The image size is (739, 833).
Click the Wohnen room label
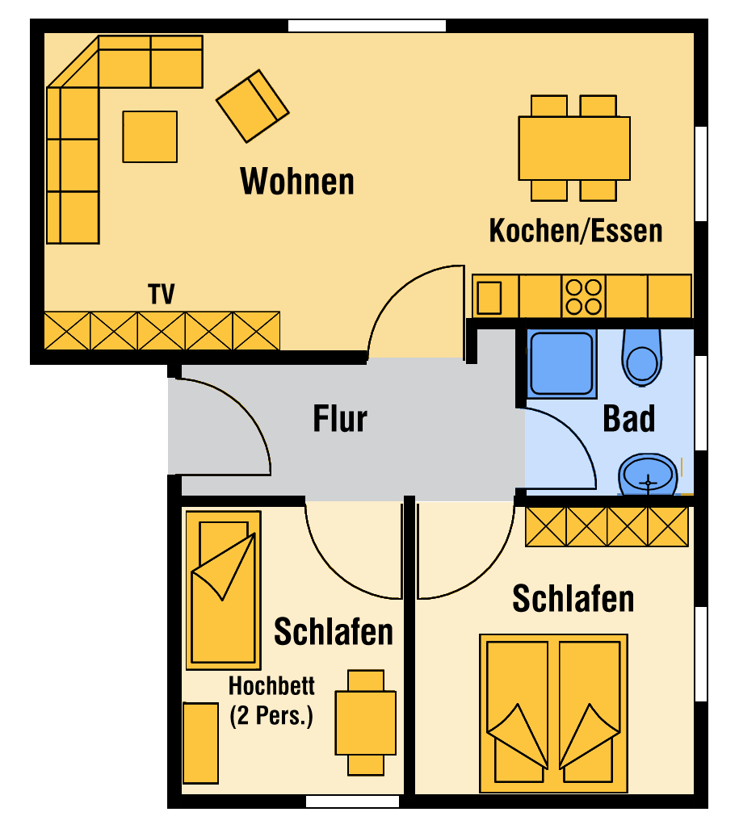point(297,182)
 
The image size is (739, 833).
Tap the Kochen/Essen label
point(576,231)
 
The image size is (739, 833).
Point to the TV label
point(162,295)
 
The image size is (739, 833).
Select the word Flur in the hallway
point(340,420)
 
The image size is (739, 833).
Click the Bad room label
point(628,420)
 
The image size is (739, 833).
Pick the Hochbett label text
point(271,686)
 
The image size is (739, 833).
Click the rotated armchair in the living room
point(252,106)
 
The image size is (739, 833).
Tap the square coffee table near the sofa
point(149,136)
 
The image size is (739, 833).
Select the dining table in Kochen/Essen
point(573,149)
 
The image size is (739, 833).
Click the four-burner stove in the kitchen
point(583,296)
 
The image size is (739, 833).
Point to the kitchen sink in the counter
point(489,297)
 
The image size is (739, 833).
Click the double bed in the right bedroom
point(553,713)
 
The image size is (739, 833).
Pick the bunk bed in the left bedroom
point(223,590)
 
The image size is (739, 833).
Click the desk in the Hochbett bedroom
point(365,722)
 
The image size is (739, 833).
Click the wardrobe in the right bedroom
point(607,526)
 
